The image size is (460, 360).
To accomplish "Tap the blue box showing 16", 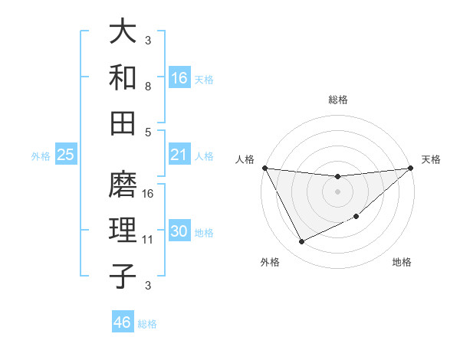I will (x=179, y=78).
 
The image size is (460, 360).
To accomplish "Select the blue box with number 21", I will (x=179, y=155).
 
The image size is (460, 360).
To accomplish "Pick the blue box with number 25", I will (x=66, y=155).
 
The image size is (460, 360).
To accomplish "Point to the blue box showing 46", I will (x=123, y=322).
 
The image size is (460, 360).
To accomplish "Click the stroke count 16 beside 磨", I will (x=149, y=193).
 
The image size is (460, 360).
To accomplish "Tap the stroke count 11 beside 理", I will (x=149, y=240).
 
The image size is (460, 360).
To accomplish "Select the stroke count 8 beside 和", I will (x=148, y=86).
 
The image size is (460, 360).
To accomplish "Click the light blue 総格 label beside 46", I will (x=147, y=324).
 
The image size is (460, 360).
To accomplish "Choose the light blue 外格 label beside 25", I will (x=41, y=156).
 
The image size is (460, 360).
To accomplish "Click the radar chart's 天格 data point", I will (x=410, y=168).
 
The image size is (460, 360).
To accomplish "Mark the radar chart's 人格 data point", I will (x=264, y=168).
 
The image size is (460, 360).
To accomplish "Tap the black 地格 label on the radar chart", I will (x=402, y=263).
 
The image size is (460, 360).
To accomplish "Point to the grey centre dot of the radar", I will (x=337, y=191).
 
